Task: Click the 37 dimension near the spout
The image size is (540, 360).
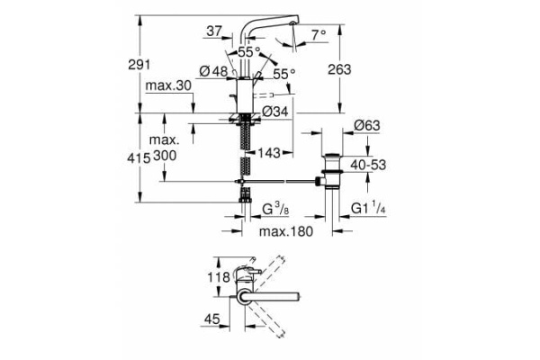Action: [214, 32]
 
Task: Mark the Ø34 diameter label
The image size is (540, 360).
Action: [275, 112]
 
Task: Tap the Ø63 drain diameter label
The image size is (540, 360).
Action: [368, 124]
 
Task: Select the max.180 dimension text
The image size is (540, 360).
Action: [285, 233]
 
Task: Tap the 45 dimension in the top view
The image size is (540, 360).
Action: [211, 318]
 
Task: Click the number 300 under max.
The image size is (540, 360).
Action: [165, 156]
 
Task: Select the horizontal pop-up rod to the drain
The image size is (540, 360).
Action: [283, 183]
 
